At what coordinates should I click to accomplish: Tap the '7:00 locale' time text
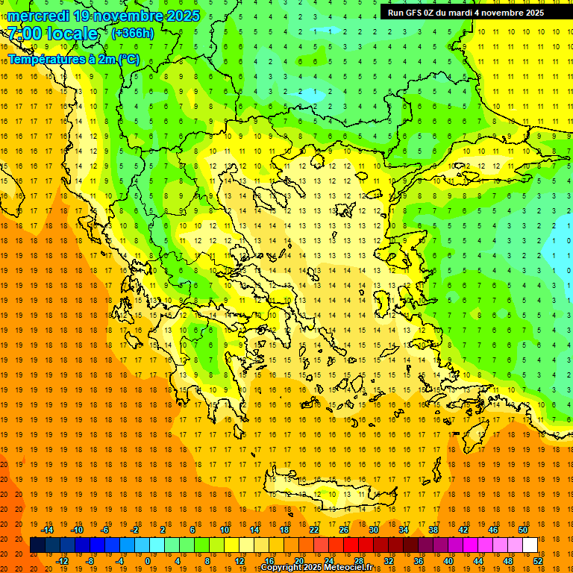[x=53, y=34]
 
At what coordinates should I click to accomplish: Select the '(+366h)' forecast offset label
[x=132, y=33]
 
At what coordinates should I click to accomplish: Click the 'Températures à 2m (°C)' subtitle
[x=73, y=60]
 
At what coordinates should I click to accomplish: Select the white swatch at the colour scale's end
[x=530, y=545]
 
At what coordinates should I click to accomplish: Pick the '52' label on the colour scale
[x=539, y=560]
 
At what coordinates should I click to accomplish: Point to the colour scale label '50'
[x=522, y=530]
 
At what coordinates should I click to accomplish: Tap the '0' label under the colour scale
[x=148, y=560]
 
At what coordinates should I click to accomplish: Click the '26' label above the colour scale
[x=344, y=530]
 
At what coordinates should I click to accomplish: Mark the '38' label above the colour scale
[x=433, y=530]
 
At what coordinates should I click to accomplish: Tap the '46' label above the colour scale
[x=492, y=530]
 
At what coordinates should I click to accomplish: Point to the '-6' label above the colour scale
[x=105, y=530]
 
